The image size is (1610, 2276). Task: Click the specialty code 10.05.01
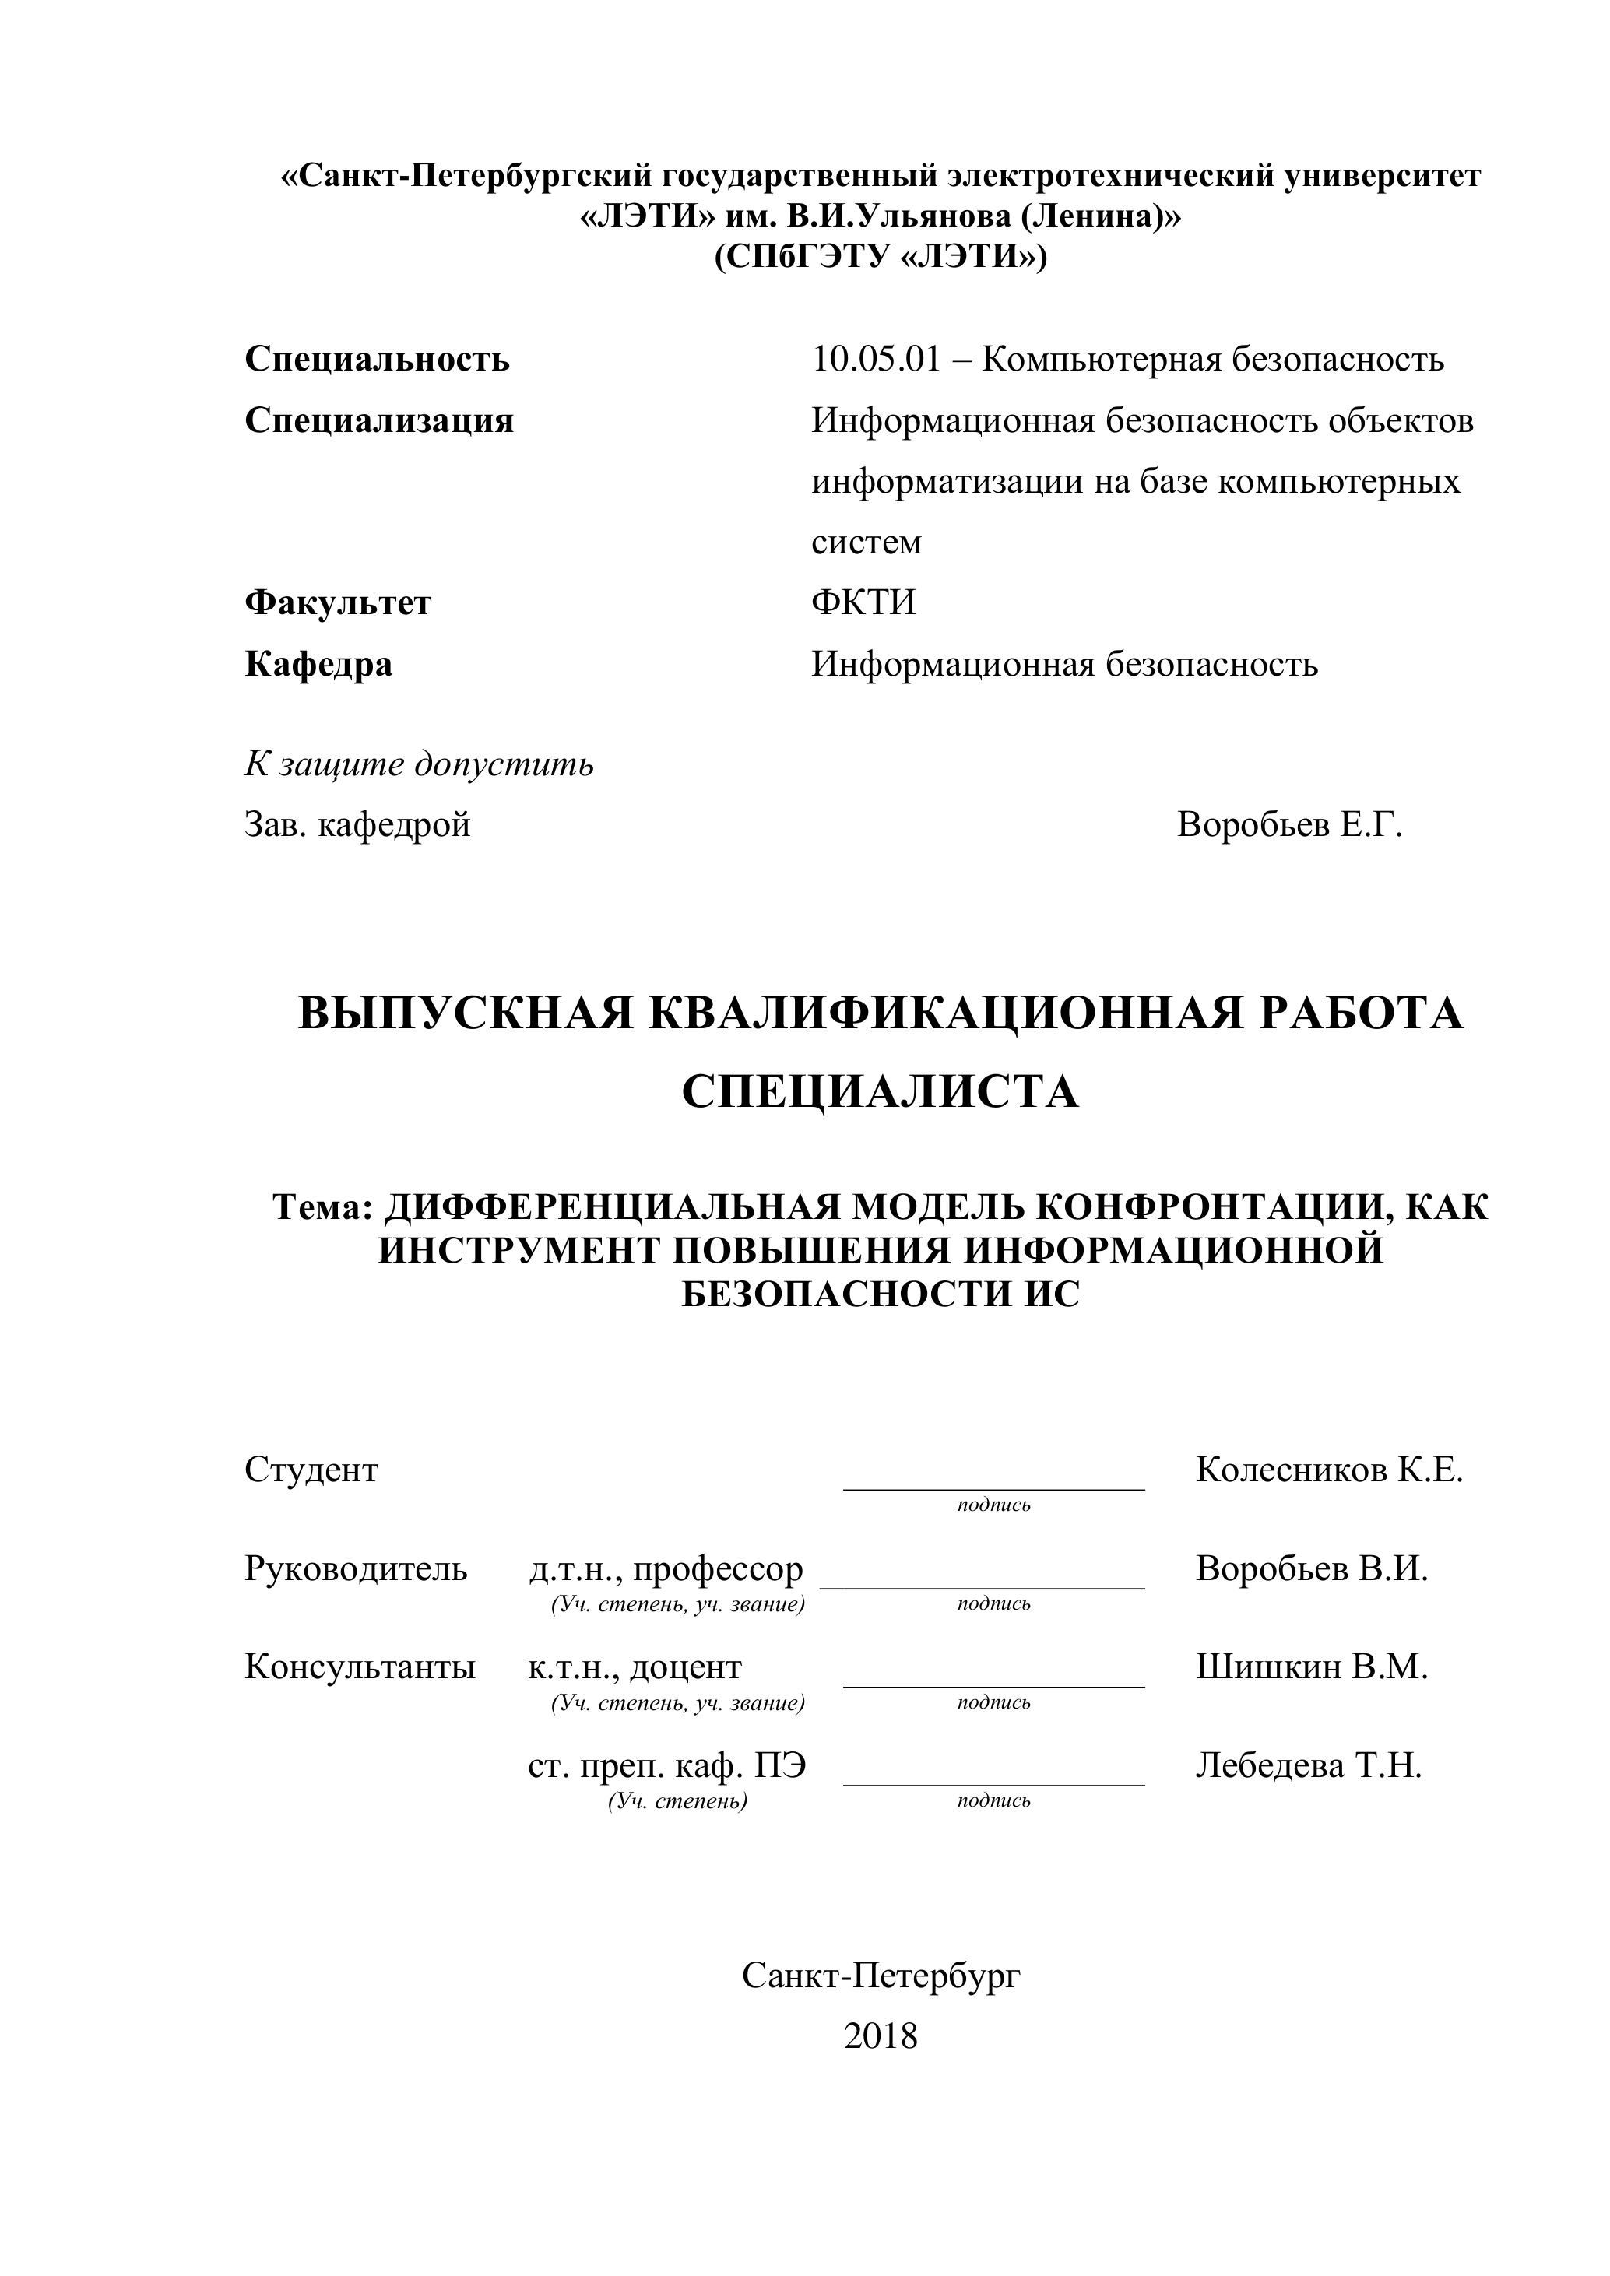875,359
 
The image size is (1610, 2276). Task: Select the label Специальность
377,359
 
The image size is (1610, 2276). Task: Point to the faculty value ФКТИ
863,602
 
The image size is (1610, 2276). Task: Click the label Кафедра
318,663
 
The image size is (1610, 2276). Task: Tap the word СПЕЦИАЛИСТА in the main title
880,1092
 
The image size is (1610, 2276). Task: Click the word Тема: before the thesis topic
322,1206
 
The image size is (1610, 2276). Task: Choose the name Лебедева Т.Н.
1308,1765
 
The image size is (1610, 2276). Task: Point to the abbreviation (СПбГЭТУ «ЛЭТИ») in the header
880,257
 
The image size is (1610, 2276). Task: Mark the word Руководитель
355,1568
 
